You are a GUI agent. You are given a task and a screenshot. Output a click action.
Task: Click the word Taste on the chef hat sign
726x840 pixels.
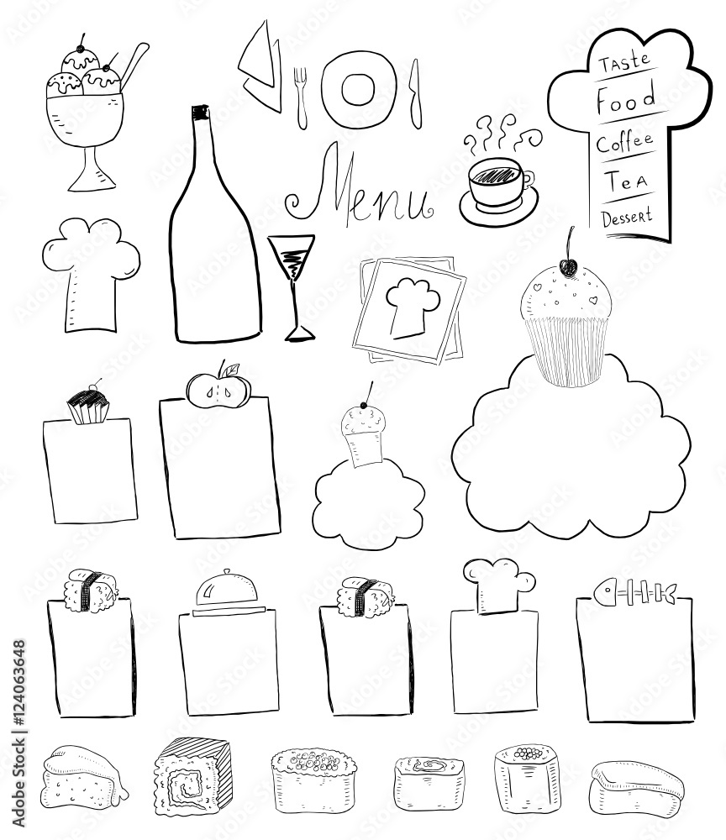623,61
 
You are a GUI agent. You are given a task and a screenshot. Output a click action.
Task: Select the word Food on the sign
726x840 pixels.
626,98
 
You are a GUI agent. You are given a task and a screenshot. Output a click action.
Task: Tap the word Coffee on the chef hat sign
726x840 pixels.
624,142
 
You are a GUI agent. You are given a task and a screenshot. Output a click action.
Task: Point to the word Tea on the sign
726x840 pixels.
626,181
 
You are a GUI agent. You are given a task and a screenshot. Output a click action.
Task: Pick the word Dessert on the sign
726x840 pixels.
626,217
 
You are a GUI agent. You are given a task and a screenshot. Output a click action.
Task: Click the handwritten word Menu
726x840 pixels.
360,187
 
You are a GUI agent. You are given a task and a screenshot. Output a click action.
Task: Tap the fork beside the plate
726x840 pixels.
302,98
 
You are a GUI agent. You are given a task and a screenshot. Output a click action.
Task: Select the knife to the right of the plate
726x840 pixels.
415,94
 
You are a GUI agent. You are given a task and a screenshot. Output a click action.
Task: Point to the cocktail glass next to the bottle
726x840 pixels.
293,287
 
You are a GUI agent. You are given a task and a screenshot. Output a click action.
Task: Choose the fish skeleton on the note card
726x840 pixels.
634,592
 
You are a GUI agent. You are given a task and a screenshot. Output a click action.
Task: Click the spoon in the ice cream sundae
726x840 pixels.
134,67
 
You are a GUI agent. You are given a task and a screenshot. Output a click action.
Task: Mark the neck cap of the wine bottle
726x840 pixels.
200,113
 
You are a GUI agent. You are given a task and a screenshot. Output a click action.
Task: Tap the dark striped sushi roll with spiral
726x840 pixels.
193,774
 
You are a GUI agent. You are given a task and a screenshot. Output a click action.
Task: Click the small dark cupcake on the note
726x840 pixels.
88,406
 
